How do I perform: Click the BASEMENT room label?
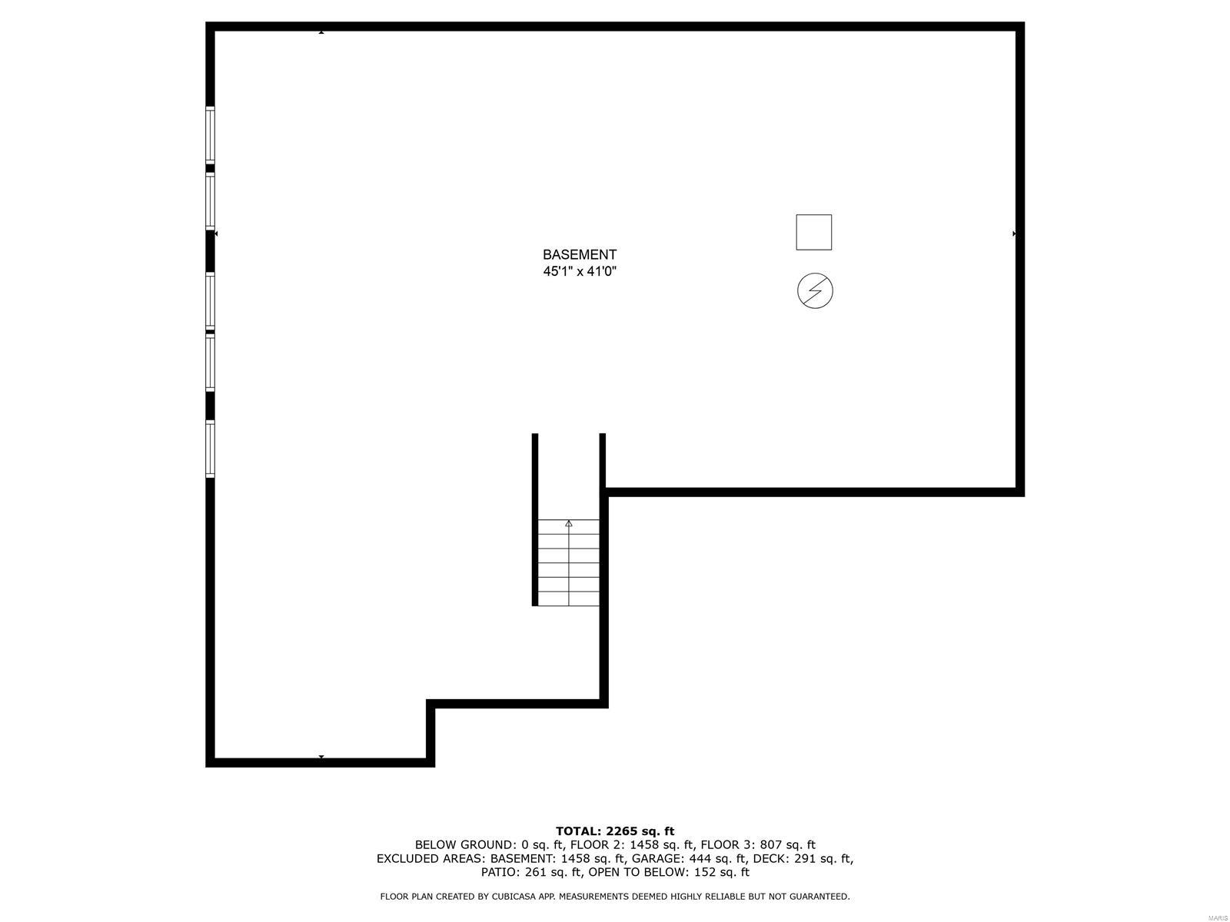click(579, 254)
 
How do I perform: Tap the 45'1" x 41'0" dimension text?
click(579, 271)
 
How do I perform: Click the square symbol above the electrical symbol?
click(813, 232)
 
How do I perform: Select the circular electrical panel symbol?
click(815, 291)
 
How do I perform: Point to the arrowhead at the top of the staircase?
click(569, 523)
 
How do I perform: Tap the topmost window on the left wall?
click(210, 134)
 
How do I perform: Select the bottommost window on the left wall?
click(210, 449)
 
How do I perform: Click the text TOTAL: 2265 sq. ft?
click(614, 831)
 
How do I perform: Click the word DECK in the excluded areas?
click(769, 858)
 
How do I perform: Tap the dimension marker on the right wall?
click(1015, 233)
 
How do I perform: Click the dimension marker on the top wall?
click(321, 32)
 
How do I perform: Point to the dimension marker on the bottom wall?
click(321, 757)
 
